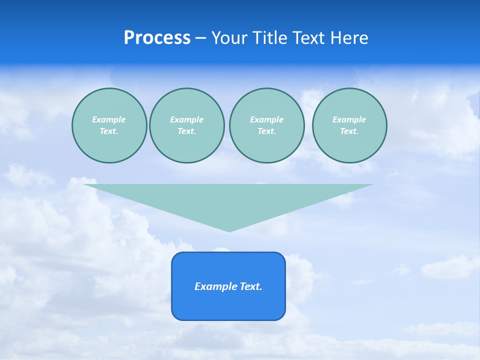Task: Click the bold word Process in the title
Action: coord(157,38)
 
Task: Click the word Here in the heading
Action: coord(351,38)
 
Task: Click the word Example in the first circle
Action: coord(109,119)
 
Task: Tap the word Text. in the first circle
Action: coord(109,131)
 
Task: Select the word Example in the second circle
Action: coord(186,119)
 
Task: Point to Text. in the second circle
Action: coord(186,131)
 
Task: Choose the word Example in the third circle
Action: coord(266,119)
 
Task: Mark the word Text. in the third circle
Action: coord(266,131)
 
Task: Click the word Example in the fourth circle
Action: coord(349,119)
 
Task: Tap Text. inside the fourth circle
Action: coord(349,131)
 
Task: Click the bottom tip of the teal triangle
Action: coord(229,231)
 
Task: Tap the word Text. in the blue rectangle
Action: coord(251,286)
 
